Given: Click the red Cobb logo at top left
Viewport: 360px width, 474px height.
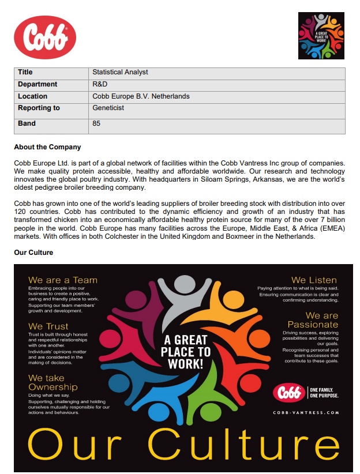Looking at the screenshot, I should (44, 37).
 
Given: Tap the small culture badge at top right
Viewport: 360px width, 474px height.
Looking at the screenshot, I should (321, 35).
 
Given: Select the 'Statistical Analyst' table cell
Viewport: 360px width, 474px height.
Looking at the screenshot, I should (120, 73).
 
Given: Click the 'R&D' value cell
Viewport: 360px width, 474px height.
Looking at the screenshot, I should (100, 85).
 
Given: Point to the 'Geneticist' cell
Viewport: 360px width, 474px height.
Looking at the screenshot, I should (108, 108).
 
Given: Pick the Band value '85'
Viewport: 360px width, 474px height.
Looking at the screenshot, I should (96, 123).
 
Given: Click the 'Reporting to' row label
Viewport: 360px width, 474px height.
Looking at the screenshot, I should (39, 108).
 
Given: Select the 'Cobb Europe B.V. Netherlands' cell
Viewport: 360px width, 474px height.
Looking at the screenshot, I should (141, 96).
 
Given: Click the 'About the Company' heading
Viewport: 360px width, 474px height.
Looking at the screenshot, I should (47, 147).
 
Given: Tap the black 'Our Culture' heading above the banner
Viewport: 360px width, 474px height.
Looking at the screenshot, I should (33, 253).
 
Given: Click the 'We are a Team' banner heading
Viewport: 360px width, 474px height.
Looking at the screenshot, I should (62, 280).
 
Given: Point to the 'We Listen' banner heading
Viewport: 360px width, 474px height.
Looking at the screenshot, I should (314, 280).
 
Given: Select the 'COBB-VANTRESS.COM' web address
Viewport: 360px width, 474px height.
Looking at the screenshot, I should (306, 413).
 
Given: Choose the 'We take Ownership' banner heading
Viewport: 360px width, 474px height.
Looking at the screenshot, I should (52, 382).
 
